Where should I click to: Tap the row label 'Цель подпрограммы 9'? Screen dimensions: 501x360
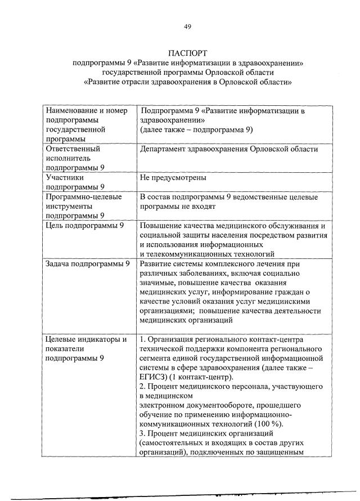84,226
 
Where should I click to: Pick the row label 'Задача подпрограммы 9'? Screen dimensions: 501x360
88,263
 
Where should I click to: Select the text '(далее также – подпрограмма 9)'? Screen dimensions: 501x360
196,129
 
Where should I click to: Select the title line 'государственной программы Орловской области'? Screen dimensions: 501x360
188,71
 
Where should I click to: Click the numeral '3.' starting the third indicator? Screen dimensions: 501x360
142,434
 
